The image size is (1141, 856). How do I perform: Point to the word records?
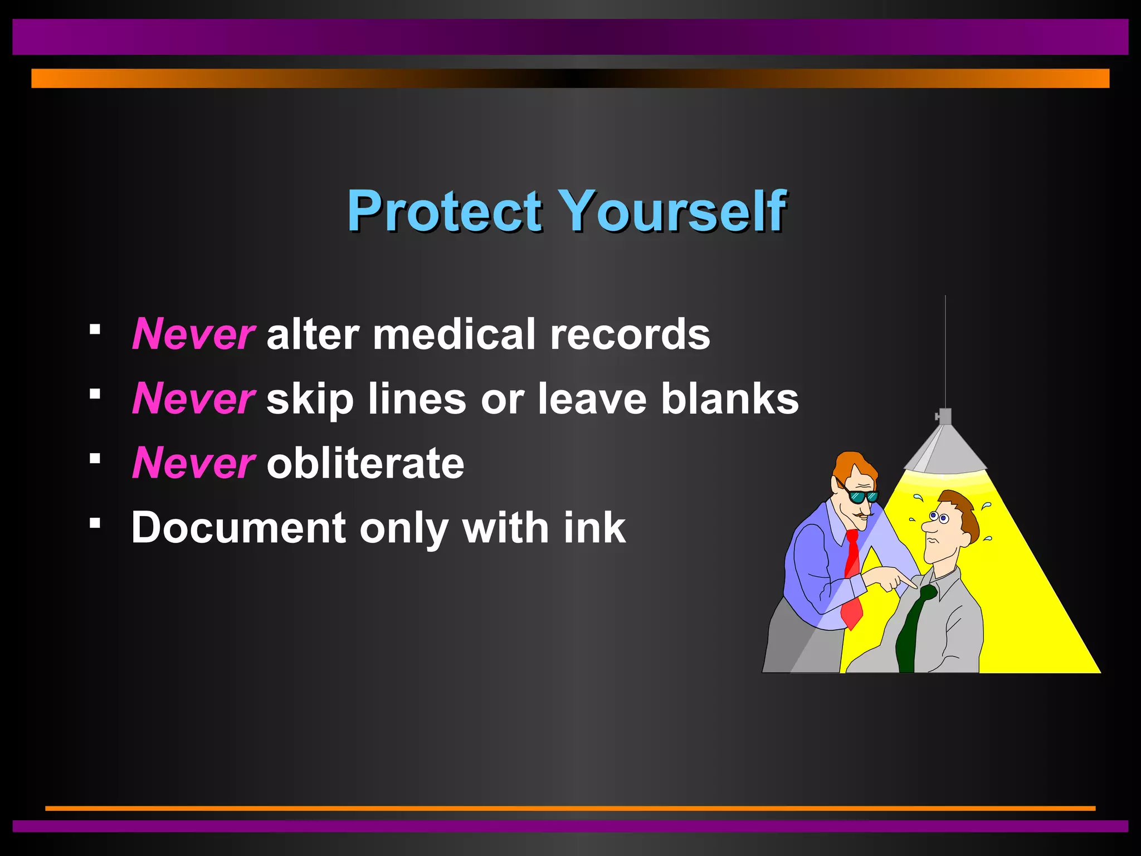coord(630,334)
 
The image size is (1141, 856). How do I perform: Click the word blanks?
coord(730,399)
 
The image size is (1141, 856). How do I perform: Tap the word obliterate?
coord(365,463)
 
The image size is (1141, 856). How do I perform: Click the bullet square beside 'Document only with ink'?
coord(95,523)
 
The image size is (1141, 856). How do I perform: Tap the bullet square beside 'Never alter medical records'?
coord(95,329)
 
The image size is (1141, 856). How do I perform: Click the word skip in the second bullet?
coord(310,399)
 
